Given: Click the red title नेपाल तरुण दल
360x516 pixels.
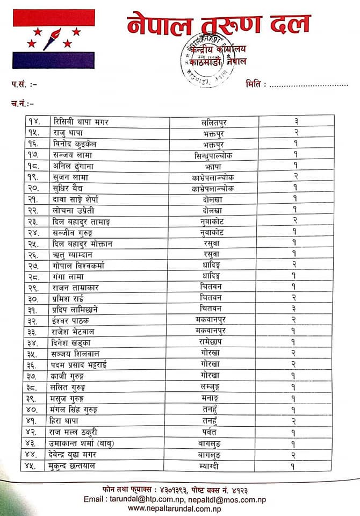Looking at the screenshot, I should pos(219,25).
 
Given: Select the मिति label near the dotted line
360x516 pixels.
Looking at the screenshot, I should pos(255,84).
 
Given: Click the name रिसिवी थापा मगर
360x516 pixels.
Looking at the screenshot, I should pos(81,121).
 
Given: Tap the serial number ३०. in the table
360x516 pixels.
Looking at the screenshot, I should pos(34,298).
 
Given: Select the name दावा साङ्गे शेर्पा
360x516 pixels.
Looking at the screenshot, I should pos(82,200).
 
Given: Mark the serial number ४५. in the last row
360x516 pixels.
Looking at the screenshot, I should pos(34,465).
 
